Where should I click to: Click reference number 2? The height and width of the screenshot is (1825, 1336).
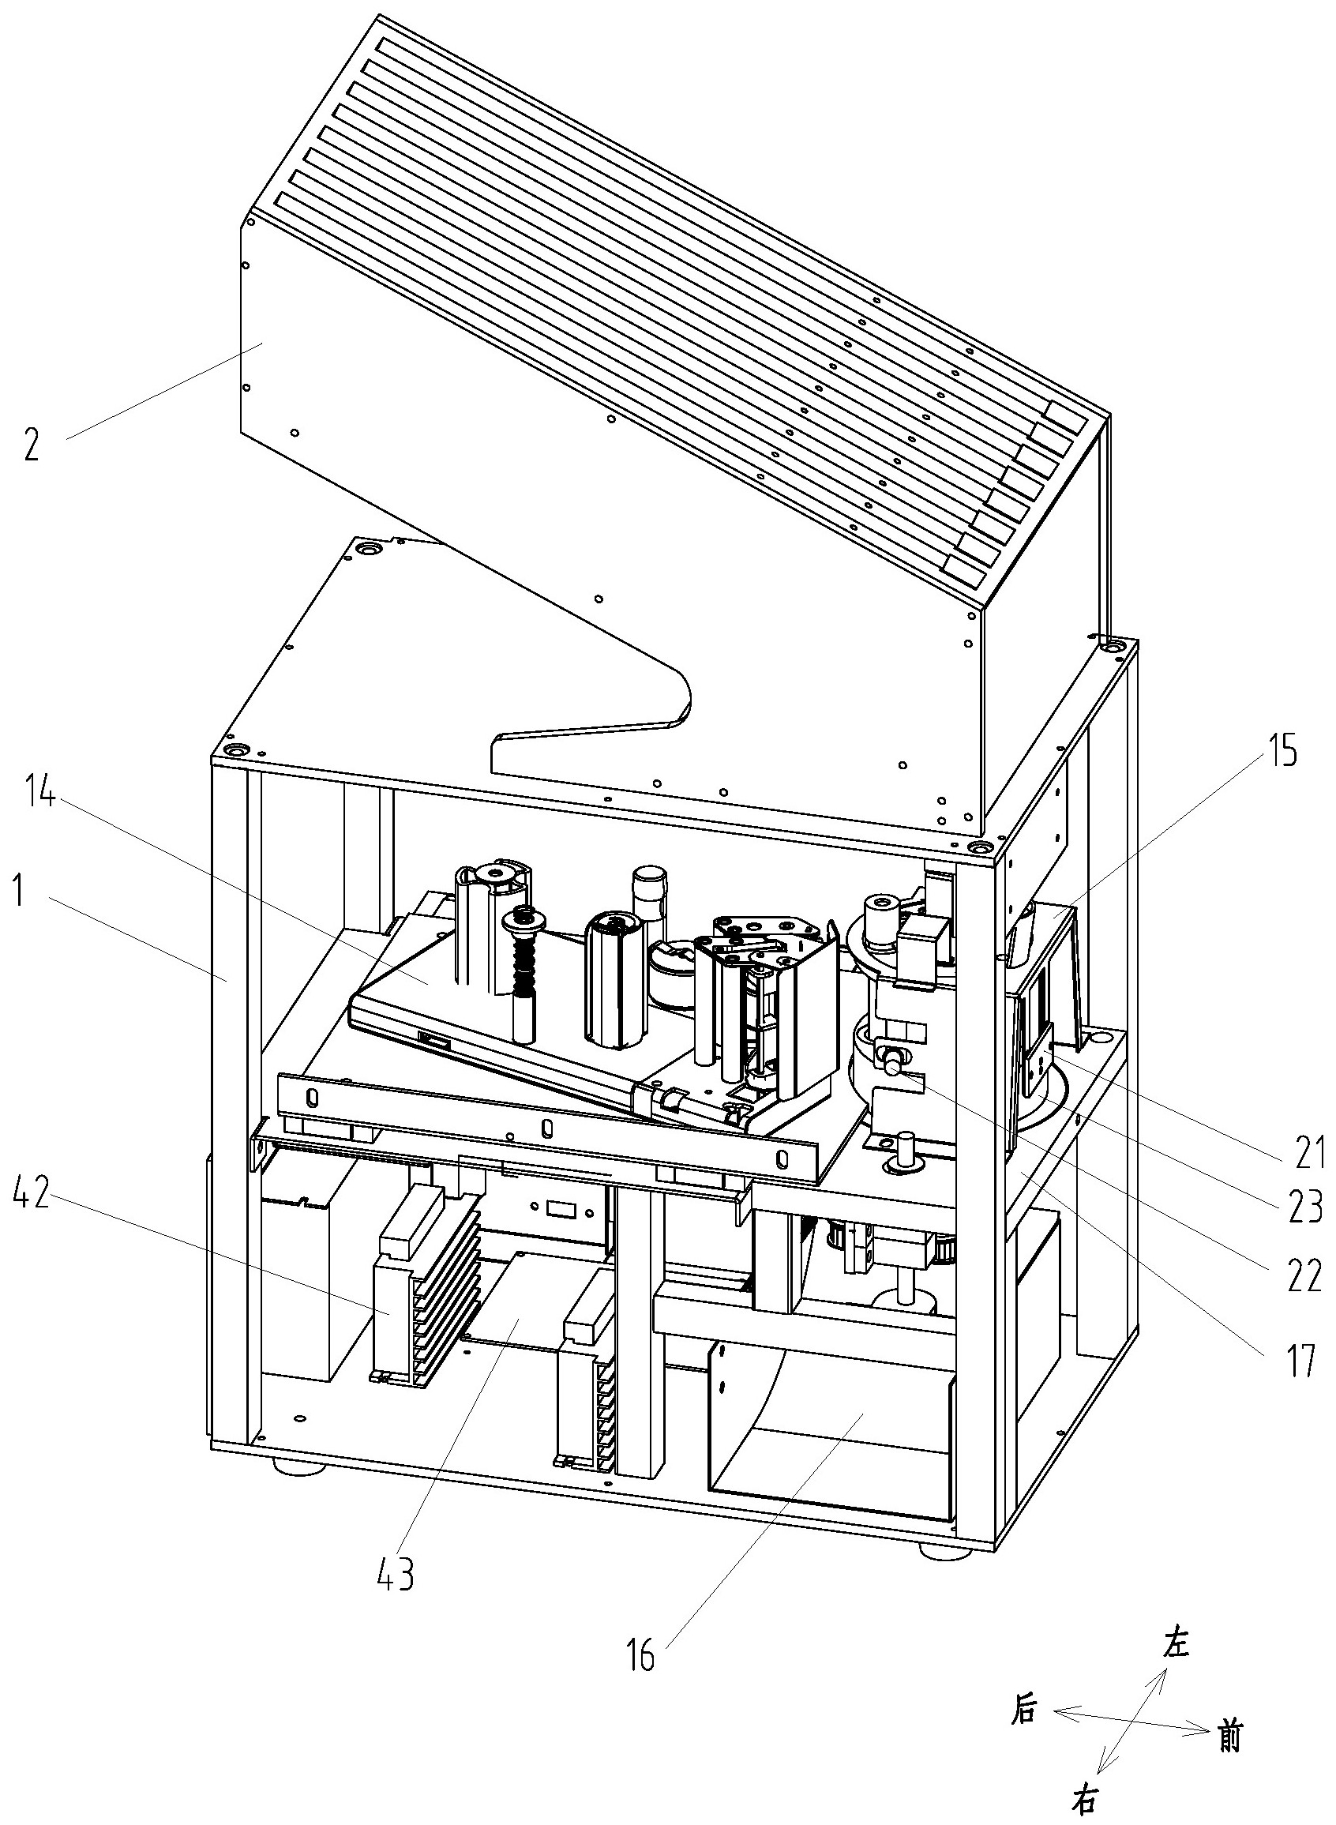point(31,445)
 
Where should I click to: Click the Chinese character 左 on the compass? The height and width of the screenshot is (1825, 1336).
point(1176,1643)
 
